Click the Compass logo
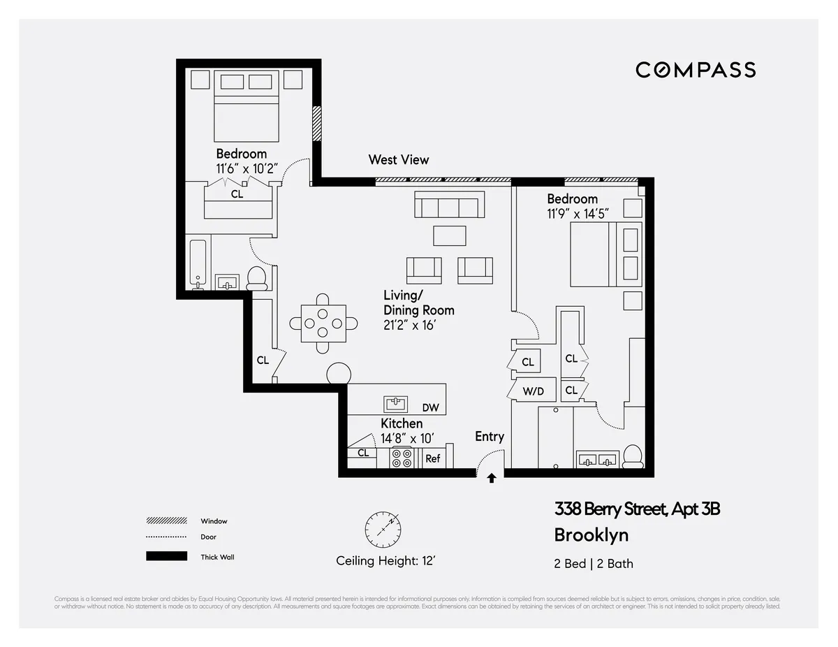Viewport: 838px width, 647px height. [696, 70]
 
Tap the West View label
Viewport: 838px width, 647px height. [399, 160]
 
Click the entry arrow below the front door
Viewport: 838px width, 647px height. [492, 479]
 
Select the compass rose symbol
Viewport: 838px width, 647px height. [381, 529]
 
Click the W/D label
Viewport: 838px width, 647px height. [534, 391]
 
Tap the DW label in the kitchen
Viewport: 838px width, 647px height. [430, 407]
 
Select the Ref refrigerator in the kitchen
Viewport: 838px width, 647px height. [433, 458]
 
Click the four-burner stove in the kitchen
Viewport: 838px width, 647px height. [402, 458]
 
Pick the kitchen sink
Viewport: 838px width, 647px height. [396, 404]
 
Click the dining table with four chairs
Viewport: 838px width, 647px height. [323, 323]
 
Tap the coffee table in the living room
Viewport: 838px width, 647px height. [449, 235]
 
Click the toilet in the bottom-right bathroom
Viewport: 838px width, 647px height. [633, 455]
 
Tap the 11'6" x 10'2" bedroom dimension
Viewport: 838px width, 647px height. [247, 168]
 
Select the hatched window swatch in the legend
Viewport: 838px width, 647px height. [167, 521]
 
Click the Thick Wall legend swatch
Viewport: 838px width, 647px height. [167, 557]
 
